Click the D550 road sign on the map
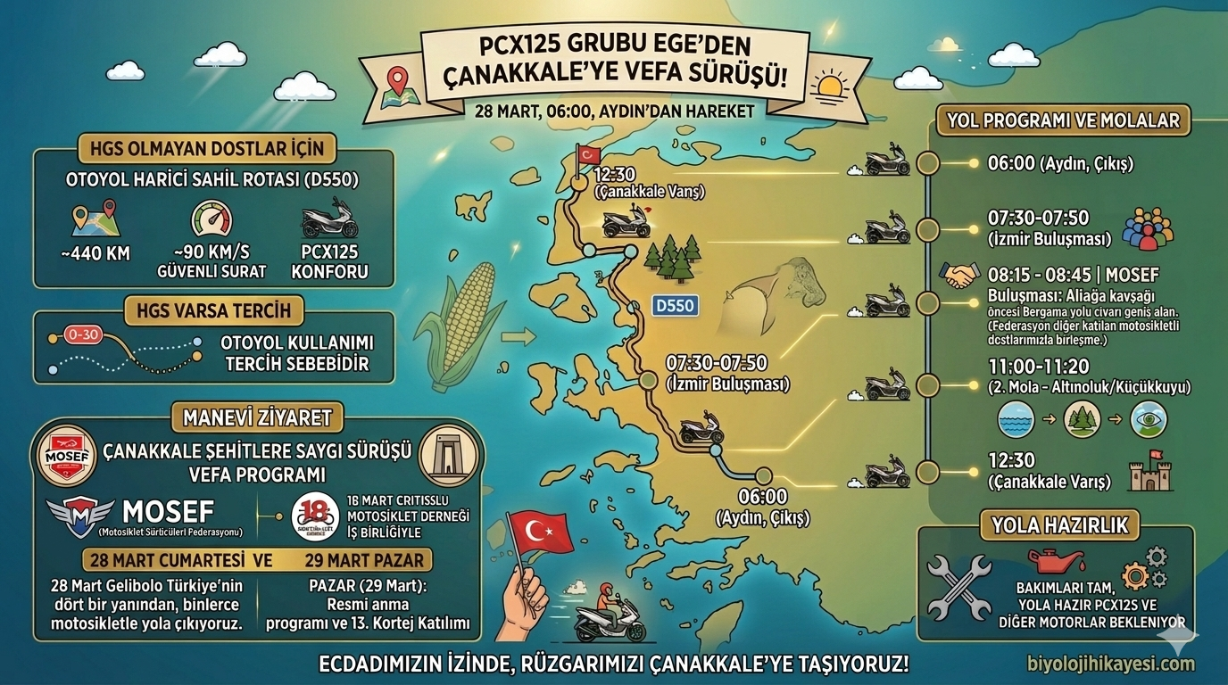(x=674, y=306)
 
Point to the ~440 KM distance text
(x=96, y=253)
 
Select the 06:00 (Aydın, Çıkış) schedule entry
(x=1060, y=164)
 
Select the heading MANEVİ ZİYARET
(x=257, y=417)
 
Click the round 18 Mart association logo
(x=315, y=516)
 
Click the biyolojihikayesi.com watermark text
(x=1110, y=664)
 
